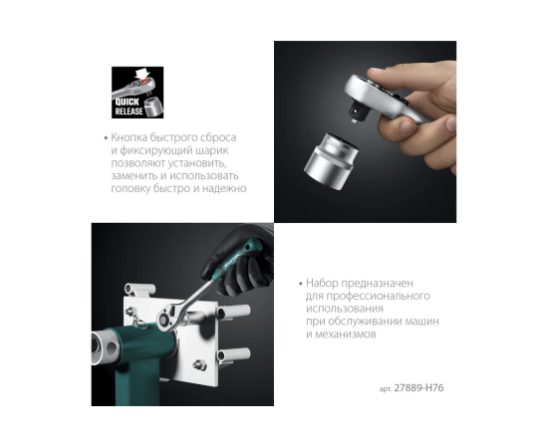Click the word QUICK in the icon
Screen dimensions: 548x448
pyautogui.click(x=128, y=102)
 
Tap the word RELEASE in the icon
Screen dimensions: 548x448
pyautogui.click(x=129, y=112)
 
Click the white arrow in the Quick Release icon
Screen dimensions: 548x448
pyautogui.click(x=142, y=74)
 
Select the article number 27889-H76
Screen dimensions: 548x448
pyautogui.click(x=418, y=388)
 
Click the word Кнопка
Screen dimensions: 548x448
pyautogui.click(x=129, y=137)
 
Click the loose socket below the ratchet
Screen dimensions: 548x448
pyautogui.click(x=331, y=161)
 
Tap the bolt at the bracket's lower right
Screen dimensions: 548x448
pyautogui.click(x=199, y=365)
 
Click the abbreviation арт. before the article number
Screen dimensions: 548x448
pyautogui.click(x=386, y=389)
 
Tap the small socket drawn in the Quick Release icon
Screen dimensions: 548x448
pyautogui.click(x=153, y=107)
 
